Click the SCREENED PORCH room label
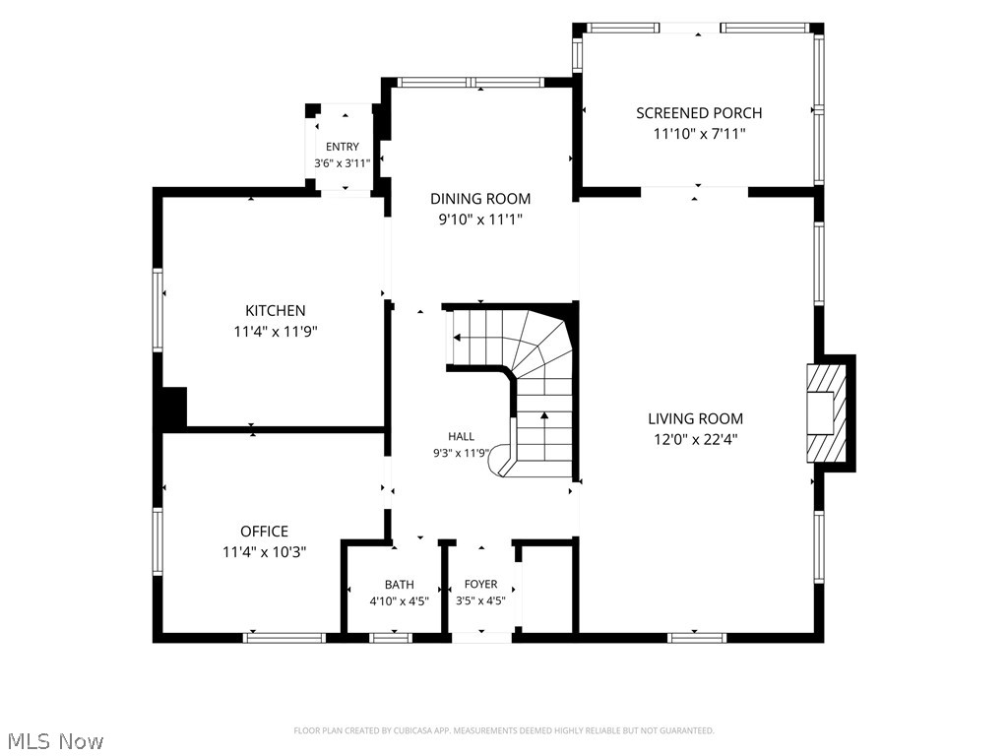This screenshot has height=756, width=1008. (699, 113)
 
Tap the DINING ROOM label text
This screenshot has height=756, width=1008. (480, 199)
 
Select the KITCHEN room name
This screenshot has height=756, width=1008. (276, 310)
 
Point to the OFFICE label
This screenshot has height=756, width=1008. (264, 531)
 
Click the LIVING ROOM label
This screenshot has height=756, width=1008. (696, 419)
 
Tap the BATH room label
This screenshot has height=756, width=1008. (400, 585)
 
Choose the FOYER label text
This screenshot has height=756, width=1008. (480, 584)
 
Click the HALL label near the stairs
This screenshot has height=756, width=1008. (461, 436)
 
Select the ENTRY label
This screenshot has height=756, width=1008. (342, 147)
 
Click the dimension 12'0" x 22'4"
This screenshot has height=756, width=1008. (696, 440)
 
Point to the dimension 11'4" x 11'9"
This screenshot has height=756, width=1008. (276, 332)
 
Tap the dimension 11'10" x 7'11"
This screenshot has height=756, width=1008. (700, 134)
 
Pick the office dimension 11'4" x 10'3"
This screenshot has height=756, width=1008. (264, 551)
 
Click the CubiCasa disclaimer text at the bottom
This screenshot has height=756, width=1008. (504, 730)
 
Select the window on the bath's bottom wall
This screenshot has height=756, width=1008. (391, 638)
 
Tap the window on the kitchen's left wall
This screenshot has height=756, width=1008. (157, 310)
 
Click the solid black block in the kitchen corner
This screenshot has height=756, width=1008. (174, 408)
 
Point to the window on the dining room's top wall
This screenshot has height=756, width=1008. (472, 83)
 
